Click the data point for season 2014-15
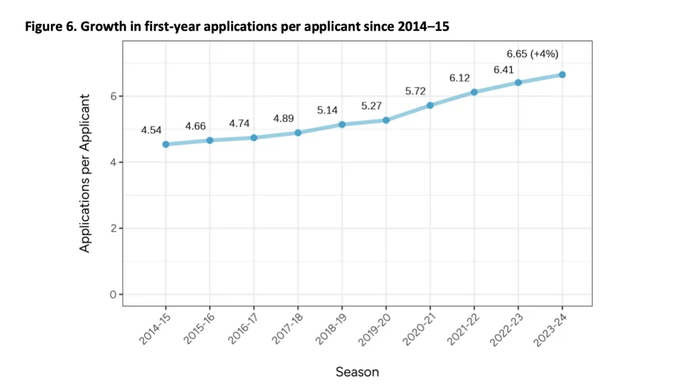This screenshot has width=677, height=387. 165,144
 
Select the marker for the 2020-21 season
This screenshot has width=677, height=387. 430,105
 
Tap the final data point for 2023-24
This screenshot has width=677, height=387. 562,75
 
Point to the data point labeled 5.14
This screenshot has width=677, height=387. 342,124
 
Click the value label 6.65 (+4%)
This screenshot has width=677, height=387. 532,55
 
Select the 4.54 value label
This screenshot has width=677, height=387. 152,130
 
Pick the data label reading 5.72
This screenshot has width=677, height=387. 416,91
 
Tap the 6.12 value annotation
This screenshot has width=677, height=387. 460,78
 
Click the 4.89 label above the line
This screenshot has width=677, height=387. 284,119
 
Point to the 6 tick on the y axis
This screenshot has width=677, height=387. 113,96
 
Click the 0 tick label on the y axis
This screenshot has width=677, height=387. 113,295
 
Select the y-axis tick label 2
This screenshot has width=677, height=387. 113,228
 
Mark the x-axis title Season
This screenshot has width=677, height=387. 357,372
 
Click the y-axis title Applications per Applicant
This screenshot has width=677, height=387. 85,174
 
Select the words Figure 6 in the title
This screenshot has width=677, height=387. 48,28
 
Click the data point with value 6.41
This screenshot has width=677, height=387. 518,83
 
